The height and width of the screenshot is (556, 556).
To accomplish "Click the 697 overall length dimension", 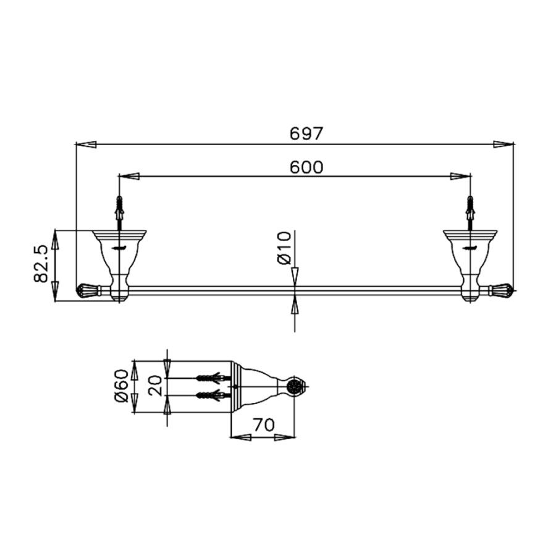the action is (x=306, y=133).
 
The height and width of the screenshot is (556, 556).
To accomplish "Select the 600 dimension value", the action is (x=306, y=167).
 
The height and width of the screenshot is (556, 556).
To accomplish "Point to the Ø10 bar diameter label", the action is (x=284, y=248).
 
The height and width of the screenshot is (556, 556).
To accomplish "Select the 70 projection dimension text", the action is (x=263, y=425).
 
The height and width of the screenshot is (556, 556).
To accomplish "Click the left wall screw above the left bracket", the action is (x=119, y=212).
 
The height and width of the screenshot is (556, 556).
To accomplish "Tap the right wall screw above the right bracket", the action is (x=471, y=212).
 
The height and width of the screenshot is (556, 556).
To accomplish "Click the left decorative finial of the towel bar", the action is (x=88, y=290).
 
